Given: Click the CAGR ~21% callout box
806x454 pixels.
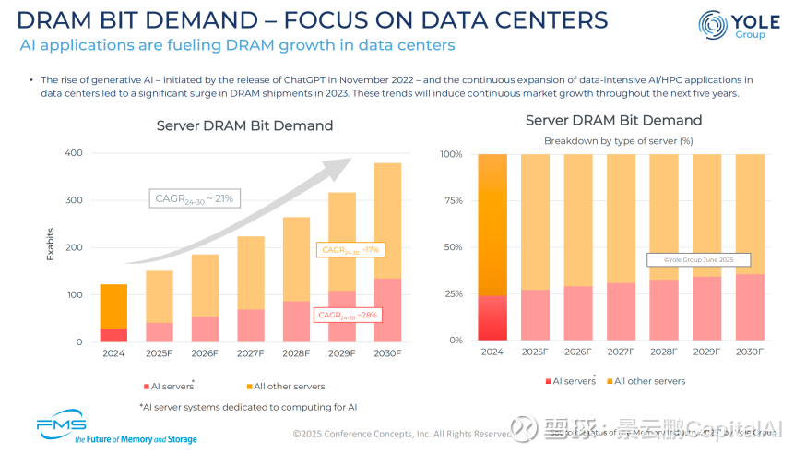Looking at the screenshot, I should pos(194,197).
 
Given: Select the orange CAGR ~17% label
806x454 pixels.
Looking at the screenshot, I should pos(349,250).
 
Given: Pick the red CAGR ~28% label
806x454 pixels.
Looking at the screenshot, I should pos(348,315).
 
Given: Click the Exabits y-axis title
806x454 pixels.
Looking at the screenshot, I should pos(51,244).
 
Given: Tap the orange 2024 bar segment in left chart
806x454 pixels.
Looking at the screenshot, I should pos(113,305).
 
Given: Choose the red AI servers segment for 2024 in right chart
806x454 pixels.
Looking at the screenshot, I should pos(492,318).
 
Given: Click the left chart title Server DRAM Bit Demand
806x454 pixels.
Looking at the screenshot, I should pos(244,125).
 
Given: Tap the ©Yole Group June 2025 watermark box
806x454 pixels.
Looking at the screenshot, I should pos(698,260).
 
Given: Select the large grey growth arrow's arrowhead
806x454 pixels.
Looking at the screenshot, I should pos(342,165).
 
